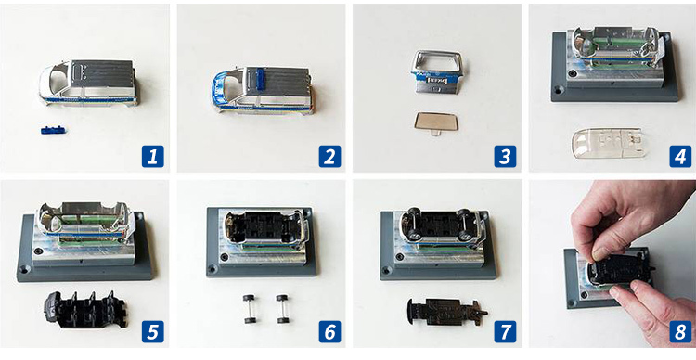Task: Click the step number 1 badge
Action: click(x=153, y=156)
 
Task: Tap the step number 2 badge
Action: click(x=329, y=156)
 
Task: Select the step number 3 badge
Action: click(x=505, y=156)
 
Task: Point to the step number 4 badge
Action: click(x=680, y=156)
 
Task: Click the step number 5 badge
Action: click(x=153, y=331)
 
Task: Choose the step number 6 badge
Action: click(x=329, y=331)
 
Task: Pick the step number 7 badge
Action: click(x=505, y=331)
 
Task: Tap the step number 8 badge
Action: click(x=680, y=331)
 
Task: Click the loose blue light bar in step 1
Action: click(x=53, y=130)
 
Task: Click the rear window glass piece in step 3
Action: click(x=432, y=122)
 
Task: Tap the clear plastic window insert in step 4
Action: click(x=608, y=143)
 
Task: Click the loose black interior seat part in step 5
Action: click(x=85, y=310)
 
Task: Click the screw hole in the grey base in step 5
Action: click(x=24, y=269)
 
